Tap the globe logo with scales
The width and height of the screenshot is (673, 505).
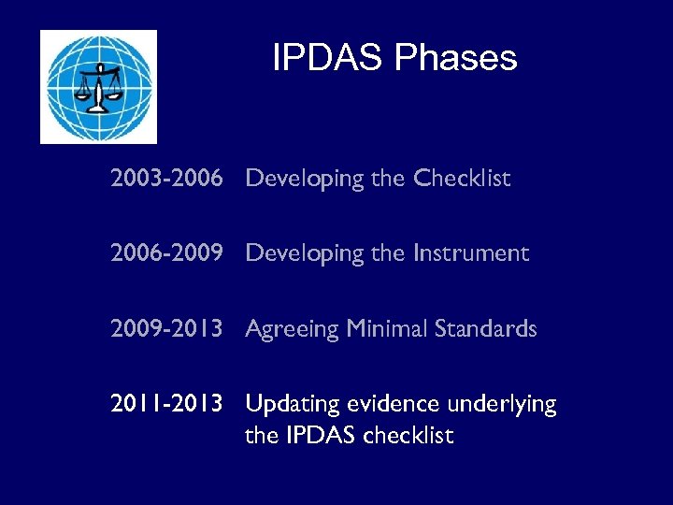pos(98,86)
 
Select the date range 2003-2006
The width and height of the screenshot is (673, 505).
pos(166,179)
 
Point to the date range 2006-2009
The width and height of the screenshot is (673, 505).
pos(166,253)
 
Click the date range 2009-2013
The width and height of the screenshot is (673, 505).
pos(166,329)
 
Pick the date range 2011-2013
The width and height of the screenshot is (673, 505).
pos(166,404)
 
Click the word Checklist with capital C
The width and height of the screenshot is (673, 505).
pos(463,179)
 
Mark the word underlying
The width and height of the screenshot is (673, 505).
pos(504,405)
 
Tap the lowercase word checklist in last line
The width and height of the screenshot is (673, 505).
pos(408,435)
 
